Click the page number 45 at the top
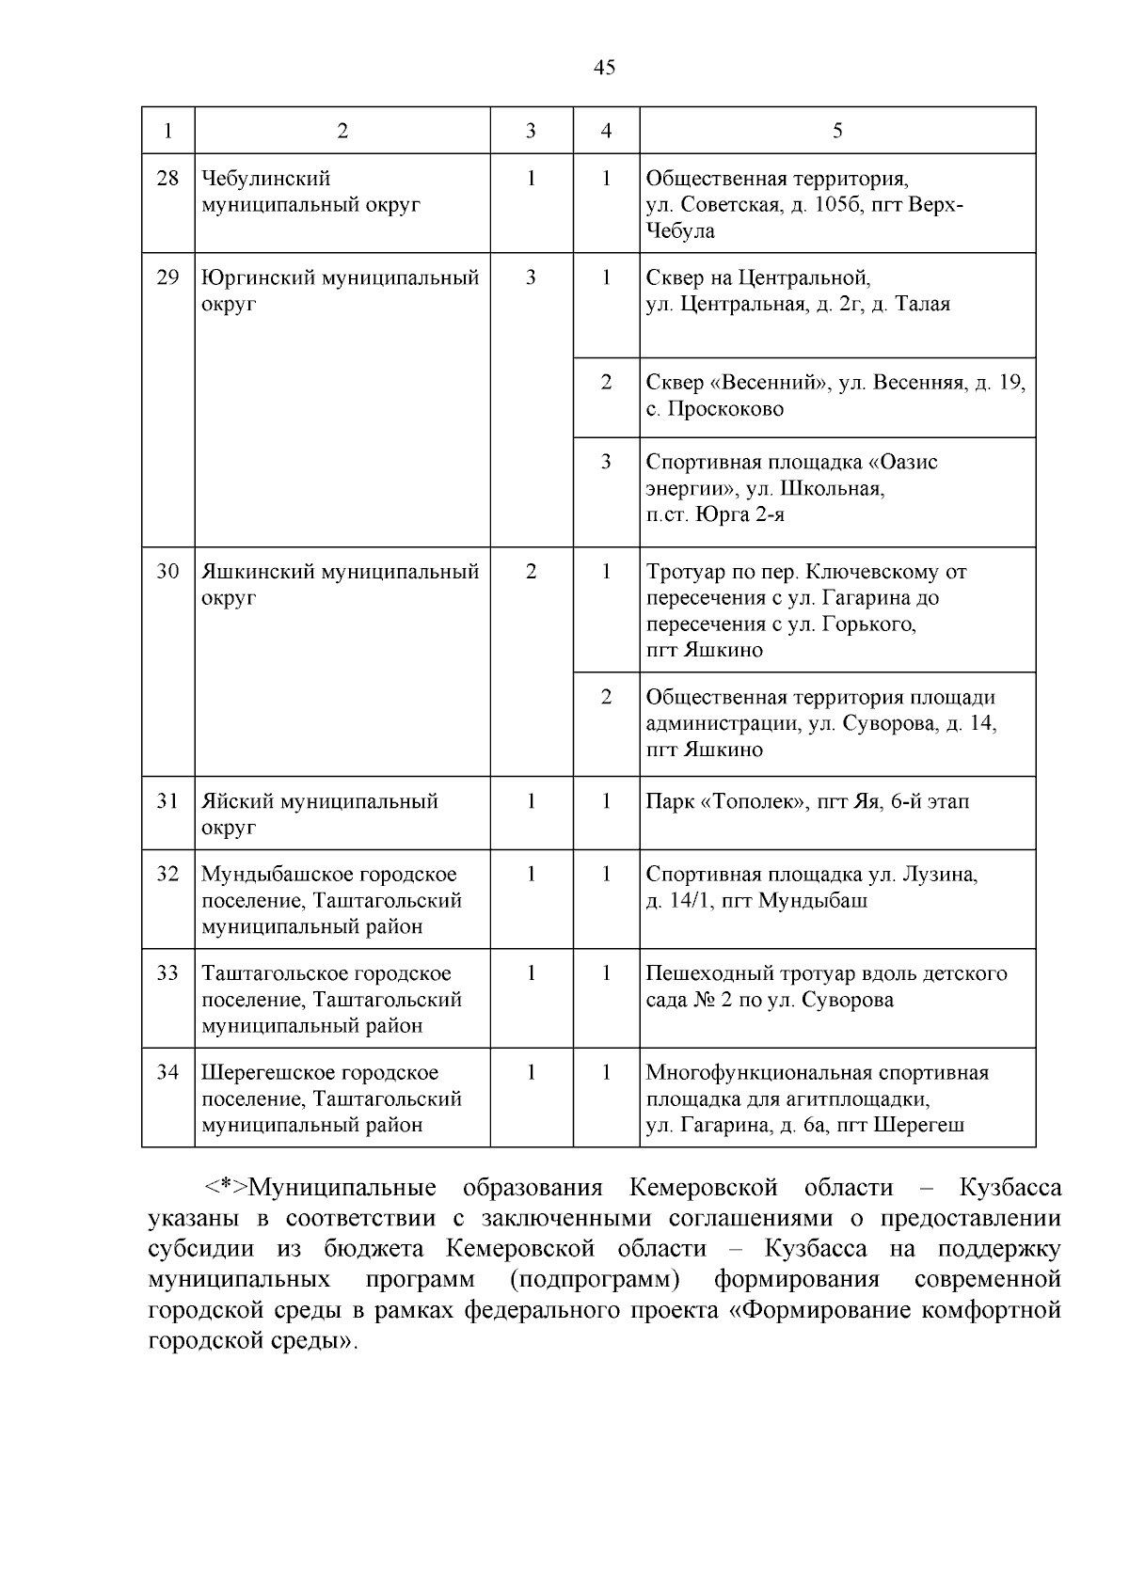pos(605,67)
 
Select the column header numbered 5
pos(837,131)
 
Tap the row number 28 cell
pos(167,178)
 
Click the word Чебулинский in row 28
pos(266,178)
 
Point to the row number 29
pos(167,277)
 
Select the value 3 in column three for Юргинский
pos(531,277)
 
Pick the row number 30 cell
pos(167,571)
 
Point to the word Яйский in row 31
pos(231,801)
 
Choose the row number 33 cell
pos(167,973)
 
